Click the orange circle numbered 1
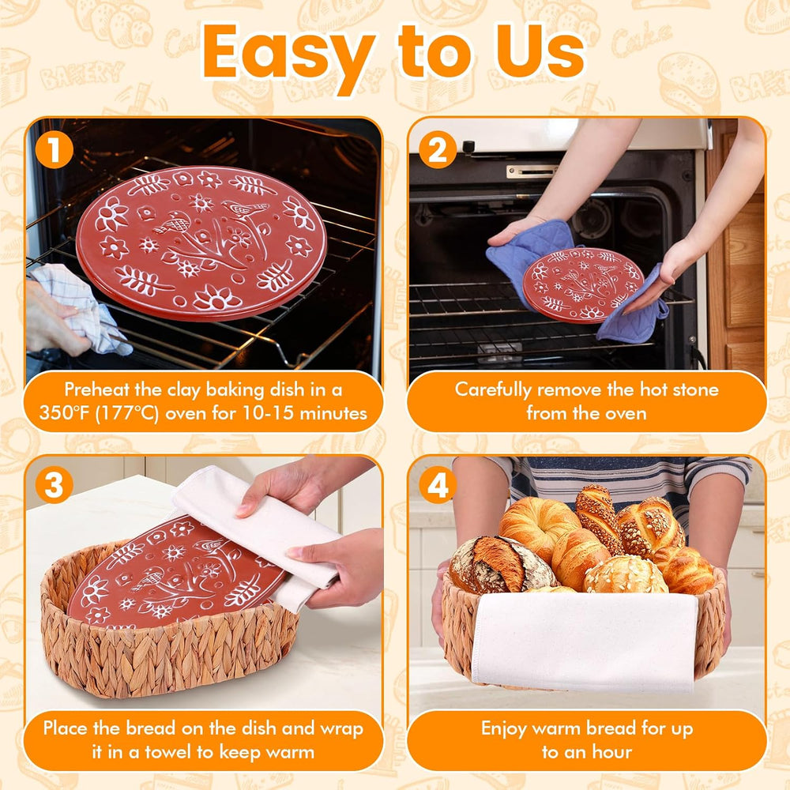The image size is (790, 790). click(55, 149)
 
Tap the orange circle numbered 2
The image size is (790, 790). click(438, 149)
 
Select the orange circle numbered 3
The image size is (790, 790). click(55, 485)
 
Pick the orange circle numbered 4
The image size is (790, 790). click(438, 485)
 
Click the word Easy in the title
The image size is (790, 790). click(288, 56)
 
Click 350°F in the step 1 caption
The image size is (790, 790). click(63, 413)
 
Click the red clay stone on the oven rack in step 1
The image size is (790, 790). click(201, 243)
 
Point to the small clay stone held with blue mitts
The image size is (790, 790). click(584, 285)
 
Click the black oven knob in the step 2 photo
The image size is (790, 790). click(468, 147)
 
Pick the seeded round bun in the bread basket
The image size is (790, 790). click(625, 575)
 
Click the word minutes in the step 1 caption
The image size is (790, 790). click(333, 413)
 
